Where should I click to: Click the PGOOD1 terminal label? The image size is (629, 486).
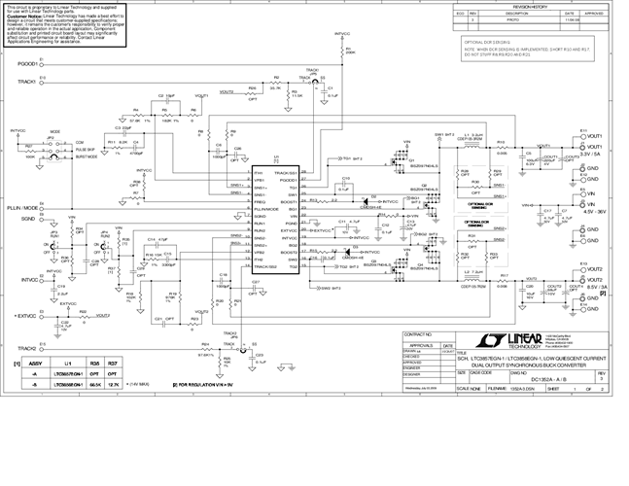coord(27,63)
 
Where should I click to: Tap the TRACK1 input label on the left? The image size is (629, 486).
coord(27,83)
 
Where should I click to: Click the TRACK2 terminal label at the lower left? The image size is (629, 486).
coord(26,348)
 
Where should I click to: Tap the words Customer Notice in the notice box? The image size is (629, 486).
coord(23,17)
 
